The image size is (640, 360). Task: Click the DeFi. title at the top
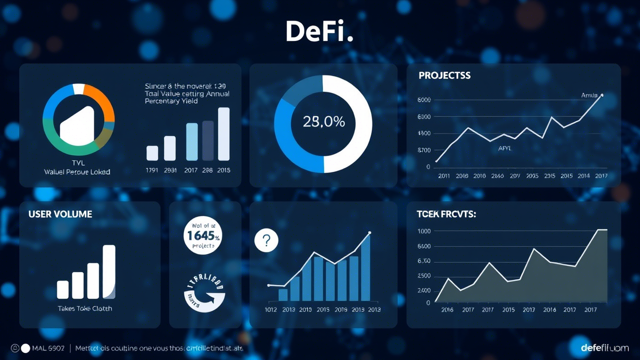pos(319,31)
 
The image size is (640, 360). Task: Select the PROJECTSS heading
pos(444,75)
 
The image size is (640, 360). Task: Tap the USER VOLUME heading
pos(60,214)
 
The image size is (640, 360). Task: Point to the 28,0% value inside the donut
pos(323,121)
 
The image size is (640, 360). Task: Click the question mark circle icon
pos(266,241)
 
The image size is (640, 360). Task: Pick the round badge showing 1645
pos(202,235)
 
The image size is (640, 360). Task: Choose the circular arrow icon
pos(204,293)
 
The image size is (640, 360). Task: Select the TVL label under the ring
pos(78,163)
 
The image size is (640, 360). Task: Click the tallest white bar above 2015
pos(223,133)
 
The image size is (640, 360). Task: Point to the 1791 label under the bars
pos(152,170)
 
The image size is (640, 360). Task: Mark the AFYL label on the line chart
pos(505,148)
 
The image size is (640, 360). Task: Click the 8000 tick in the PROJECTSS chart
pos(423,100)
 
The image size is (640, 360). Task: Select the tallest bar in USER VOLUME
pos(109,271)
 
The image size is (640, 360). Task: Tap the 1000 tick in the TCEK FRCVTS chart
pos(423,231)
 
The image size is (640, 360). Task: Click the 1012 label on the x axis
pos(270,309)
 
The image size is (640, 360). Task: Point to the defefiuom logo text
pos(604,347)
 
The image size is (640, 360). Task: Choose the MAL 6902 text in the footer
pos(48,348)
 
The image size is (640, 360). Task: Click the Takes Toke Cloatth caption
pos(85,308)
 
